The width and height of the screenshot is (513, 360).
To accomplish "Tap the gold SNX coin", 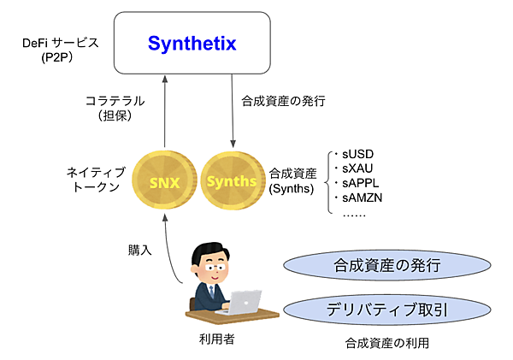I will click(x=166, y=181).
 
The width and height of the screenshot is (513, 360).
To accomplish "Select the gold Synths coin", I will click(x=232, y=181).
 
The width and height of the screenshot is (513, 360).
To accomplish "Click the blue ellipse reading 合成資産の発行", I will click(x=387, y=266).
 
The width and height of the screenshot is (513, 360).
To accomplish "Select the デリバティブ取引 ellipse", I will click(x=387, y=309).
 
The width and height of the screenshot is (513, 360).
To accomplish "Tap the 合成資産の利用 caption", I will click(x=387, y=343).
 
